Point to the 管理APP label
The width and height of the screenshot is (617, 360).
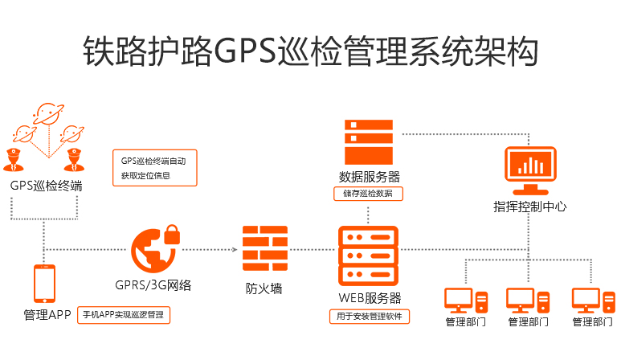coord(47,314)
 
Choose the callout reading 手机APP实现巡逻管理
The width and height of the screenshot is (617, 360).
coord(124,315)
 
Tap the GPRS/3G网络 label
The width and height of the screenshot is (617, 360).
coord(153,285)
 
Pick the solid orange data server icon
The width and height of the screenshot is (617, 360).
coord(369,142)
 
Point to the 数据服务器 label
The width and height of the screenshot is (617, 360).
coord(369,177)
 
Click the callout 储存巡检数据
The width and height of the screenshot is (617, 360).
coord(368,194)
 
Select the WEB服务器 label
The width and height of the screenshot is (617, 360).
coord(369,298)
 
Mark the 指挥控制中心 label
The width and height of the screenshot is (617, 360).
coord(529,206)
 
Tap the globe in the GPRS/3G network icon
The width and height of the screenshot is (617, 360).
coord(152,251)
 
